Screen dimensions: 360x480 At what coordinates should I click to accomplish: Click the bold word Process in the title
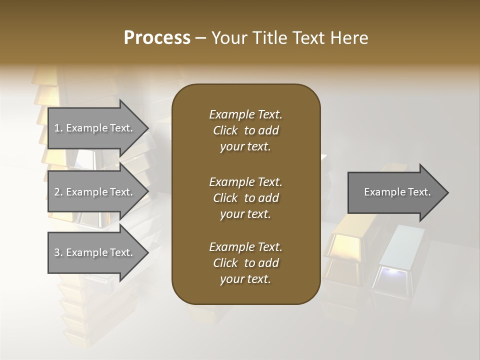click(x=157, y=38)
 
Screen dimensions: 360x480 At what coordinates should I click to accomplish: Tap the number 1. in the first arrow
click(x=58, y=128)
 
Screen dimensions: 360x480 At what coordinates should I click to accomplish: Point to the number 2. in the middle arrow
click(x=58, y=192)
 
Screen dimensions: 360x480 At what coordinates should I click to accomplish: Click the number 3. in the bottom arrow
click(x=58, y=252)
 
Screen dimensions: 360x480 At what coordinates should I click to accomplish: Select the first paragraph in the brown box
click(x=245, y=130)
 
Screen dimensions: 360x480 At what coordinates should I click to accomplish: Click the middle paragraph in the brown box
click(x=245, y=198)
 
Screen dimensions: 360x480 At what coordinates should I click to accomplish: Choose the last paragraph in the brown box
click(x=245, y=263)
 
